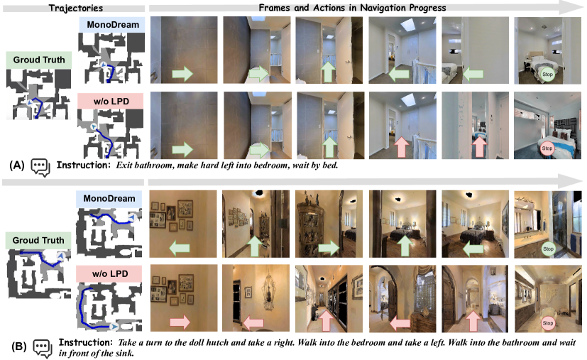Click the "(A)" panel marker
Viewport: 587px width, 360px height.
[17, 165]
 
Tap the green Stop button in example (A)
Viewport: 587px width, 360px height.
[547, 74]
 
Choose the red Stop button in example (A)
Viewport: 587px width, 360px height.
[547, 148]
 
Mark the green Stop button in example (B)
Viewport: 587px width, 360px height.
[547, 249]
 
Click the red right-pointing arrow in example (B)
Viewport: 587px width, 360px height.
[180, 322]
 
